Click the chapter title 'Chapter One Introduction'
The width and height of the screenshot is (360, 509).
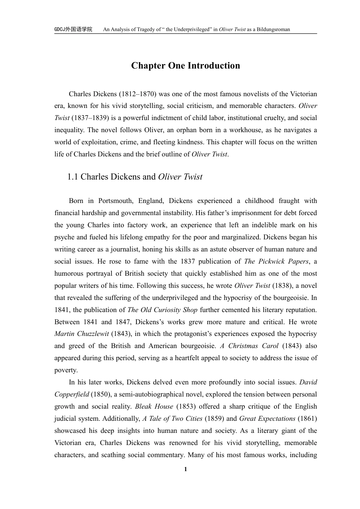(185, 66)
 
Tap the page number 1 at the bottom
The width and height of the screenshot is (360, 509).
(185, 469)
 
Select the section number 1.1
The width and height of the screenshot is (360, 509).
(73, 177)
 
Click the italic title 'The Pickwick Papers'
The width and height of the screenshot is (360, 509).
(277, 261)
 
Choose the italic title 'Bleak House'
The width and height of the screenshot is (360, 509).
(154, 407)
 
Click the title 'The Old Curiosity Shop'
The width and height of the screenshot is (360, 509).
(163, 310)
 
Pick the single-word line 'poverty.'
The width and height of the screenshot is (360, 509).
(66, 370)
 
